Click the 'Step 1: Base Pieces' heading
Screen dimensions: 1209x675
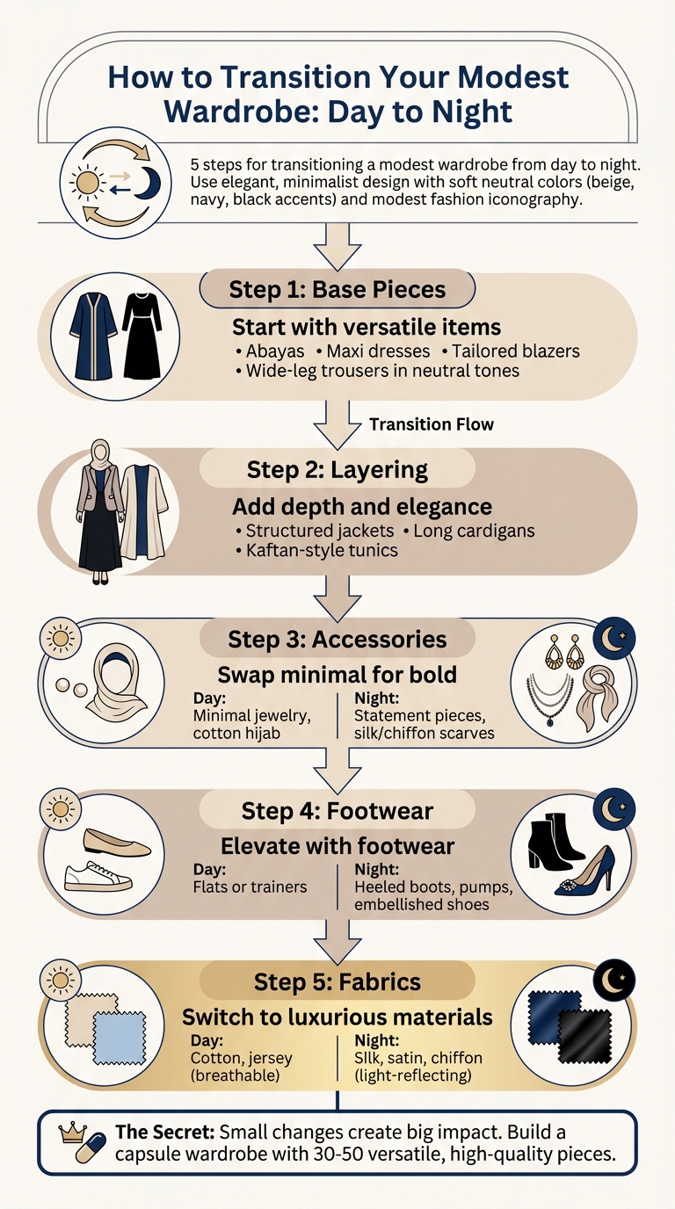point(337,289)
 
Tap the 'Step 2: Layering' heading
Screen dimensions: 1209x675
point(337,469)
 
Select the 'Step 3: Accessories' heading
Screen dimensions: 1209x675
point(337,639)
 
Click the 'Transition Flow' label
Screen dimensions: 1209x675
point(432,424)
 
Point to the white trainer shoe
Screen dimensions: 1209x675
point(99,876)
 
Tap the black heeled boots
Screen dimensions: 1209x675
point(557,841)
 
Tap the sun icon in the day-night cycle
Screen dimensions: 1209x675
point(87,182)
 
